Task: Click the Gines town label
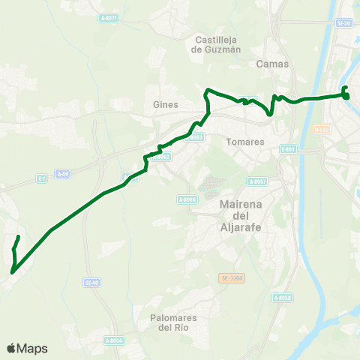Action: click(164, 105)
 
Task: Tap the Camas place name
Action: click(272, 64)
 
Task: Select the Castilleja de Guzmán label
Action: click(217, 45)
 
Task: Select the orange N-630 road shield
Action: click(343, 129)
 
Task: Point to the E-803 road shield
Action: click(289, 149)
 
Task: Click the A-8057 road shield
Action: click(257, 181)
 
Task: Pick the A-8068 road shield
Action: click(187, 199)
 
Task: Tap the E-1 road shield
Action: click(42, 178)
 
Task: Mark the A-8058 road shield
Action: click(281, 298)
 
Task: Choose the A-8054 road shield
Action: click(113, 340)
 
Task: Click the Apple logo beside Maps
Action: click(10, 348)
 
